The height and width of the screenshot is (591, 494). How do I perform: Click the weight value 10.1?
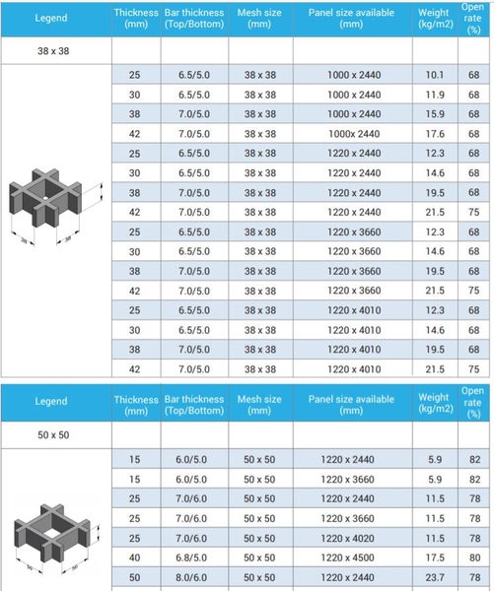[x=435, y=75]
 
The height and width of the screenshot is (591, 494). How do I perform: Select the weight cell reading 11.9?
[x=435, y=95]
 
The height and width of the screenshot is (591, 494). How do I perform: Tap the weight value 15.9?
[x=435, y=114]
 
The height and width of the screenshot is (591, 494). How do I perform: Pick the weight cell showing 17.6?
[x=435, y=134]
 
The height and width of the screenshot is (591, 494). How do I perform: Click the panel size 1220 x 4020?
[x=347, y=538]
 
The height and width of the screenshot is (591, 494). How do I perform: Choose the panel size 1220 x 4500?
[x=347, y=558]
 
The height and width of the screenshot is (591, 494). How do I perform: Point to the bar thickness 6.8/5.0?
[x=191, y=558]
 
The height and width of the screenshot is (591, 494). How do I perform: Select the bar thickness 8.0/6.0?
[x=191, y=577]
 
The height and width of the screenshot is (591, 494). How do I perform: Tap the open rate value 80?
[x=474, y=558]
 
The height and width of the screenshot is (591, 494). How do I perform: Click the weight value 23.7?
[x=435, y=577]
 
